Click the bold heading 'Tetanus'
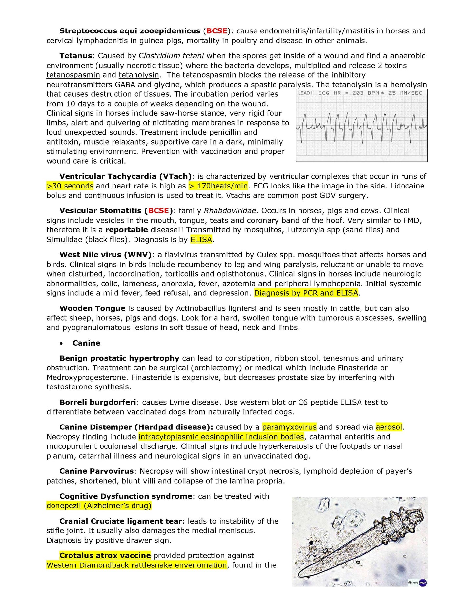click(76, 56)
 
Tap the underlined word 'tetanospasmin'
click(73, 75)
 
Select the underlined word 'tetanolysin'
click(139, 75)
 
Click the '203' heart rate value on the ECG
click(358, 93)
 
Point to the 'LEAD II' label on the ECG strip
click(306, 93)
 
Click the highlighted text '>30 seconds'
click(70, 186)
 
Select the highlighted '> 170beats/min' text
click(218, 186)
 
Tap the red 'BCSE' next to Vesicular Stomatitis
click(158, 211)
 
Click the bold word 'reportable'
click(127, 230)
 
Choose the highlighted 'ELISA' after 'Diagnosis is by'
click(201, 240)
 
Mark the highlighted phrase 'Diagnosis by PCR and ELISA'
click(306, 293)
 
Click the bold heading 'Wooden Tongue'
click(93, 308)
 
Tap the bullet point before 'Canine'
click(61, 343)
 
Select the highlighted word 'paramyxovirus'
click(289, 427)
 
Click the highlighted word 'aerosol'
click(389, 427)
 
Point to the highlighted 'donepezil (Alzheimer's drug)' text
click(99, 506)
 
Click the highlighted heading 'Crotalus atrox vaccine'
click(105, 556)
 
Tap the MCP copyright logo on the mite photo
click(422, 583)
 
